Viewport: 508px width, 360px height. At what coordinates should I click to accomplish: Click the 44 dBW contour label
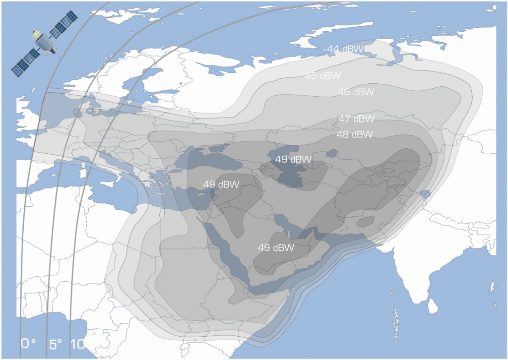345,49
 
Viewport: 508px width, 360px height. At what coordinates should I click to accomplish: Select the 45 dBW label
322,76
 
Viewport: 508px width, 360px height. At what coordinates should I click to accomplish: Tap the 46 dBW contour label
356,92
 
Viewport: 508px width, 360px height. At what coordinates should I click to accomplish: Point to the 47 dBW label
356,119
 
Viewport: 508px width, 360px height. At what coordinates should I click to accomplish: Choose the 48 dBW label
355,134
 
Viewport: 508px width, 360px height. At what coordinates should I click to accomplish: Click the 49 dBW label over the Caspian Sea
293,159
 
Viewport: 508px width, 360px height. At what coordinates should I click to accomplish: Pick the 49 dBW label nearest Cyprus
221,184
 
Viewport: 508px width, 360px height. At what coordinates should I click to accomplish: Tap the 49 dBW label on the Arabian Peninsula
276,247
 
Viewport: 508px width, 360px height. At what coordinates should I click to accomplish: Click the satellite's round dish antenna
37,35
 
